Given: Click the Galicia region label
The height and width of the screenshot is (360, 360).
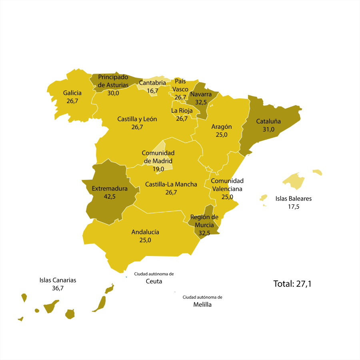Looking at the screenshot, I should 72,93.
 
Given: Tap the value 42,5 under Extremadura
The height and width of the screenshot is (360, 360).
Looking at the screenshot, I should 104,196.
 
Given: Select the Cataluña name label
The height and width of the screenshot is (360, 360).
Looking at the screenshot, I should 268,121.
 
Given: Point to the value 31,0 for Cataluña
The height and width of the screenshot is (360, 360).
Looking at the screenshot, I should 268,129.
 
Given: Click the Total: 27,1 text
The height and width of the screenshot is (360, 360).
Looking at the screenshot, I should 292,284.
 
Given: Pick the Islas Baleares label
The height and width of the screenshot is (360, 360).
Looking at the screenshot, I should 294,198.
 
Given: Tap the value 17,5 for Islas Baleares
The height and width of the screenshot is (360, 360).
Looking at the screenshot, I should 294,207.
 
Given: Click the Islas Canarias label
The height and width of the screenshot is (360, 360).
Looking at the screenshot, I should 58,280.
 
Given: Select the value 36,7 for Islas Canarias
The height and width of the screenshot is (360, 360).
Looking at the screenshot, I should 58,288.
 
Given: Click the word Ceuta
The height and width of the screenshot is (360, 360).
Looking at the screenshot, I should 154,281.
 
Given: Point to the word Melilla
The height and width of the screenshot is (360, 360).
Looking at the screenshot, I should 202,304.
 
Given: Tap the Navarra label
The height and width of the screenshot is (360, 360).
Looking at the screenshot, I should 201,94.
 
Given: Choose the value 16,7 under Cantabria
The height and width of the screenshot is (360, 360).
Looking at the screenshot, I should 152,91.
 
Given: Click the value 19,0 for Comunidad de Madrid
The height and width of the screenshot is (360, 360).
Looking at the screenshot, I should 158,169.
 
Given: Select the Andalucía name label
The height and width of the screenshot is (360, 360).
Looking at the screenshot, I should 145,232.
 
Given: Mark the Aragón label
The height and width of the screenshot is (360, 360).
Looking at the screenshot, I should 222,126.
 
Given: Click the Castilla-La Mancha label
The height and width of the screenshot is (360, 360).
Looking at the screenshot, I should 171,184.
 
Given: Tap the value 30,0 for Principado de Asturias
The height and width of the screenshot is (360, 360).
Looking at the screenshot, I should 113,93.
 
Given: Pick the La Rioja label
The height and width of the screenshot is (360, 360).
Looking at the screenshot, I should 182,110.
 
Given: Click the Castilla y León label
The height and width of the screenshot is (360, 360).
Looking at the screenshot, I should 137,119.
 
